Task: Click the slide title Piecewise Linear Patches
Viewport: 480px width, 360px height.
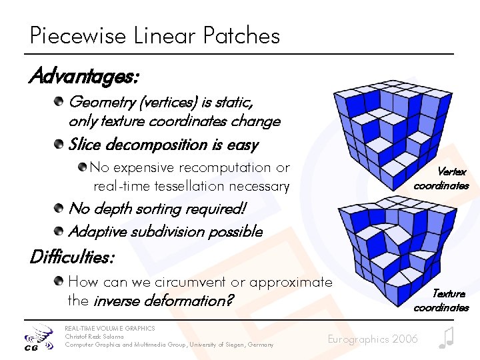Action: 155,35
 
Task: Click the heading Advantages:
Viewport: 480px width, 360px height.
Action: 83,77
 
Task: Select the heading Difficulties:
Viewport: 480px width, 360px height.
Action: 72,256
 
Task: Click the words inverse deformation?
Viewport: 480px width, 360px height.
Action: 163,301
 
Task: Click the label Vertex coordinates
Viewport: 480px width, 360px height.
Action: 441,179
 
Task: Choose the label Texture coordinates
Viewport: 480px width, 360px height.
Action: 441,300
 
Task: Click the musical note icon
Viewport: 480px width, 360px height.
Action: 446,338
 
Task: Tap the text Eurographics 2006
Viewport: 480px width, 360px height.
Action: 373,339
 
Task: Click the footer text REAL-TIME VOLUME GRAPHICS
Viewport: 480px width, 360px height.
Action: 109,329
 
